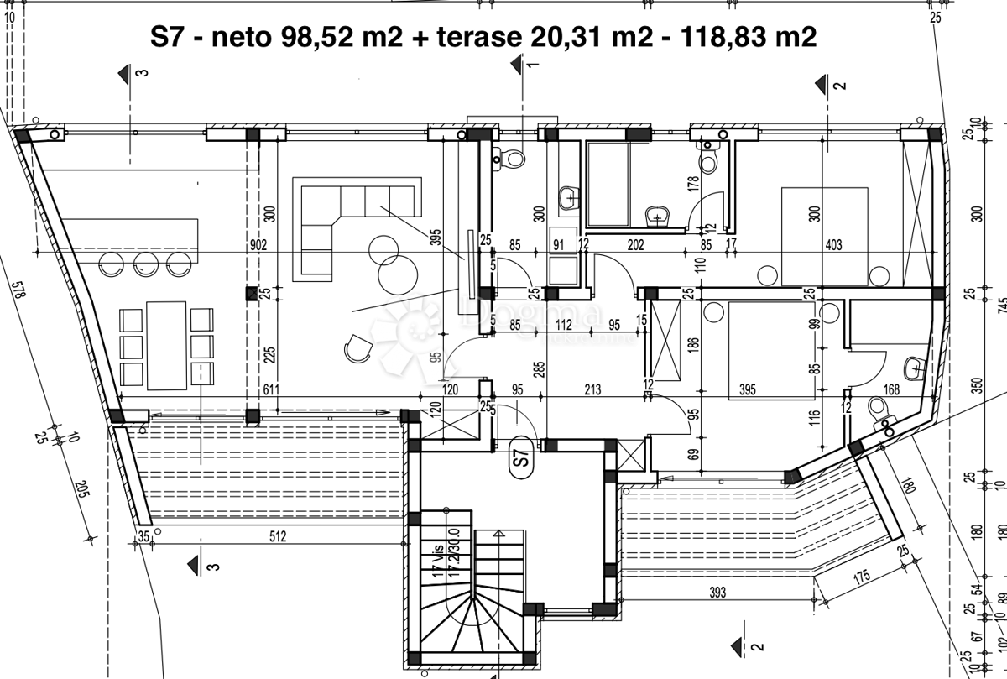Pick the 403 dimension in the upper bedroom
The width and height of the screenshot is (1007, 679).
click(832, 246)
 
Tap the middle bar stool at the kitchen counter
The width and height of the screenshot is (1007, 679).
click(144, 265)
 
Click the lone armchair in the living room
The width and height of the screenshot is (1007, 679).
click(358, 347)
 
